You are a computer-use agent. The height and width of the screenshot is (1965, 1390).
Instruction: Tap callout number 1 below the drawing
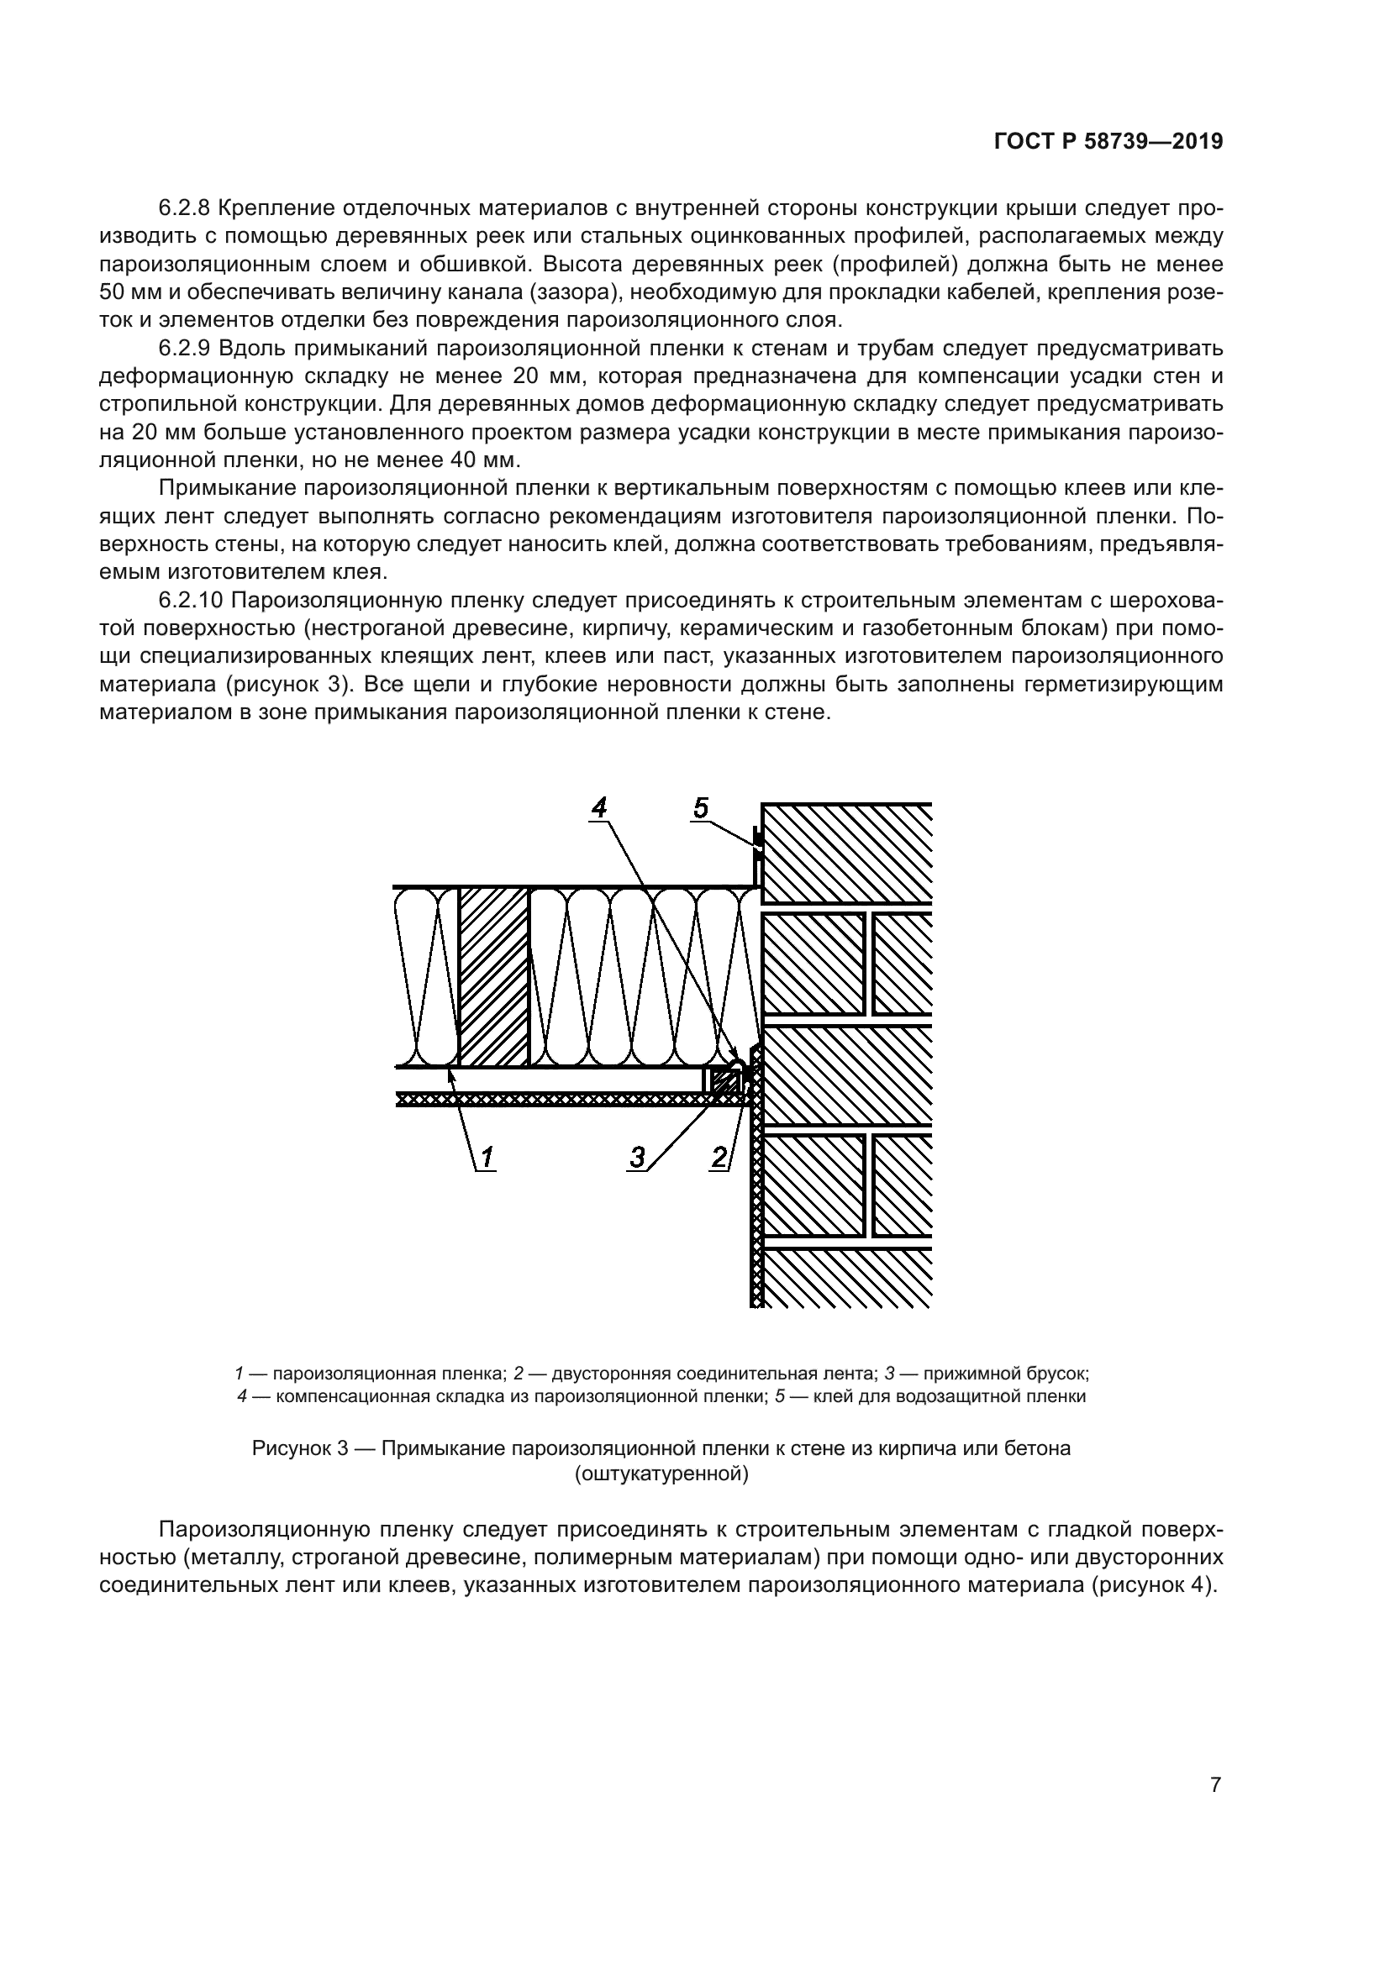(485, 1157)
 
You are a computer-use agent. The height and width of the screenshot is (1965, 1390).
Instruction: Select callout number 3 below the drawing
(637, 1157)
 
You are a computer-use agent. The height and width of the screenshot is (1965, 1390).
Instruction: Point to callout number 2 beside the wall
(719, 1157)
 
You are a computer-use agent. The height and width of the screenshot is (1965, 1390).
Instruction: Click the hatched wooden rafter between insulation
(494, 977)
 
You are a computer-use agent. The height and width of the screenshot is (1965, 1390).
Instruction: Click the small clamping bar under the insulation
(725, 1082)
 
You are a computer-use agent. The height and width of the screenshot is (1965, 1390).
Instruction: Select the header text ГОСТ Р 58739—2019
(1108, 142)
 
